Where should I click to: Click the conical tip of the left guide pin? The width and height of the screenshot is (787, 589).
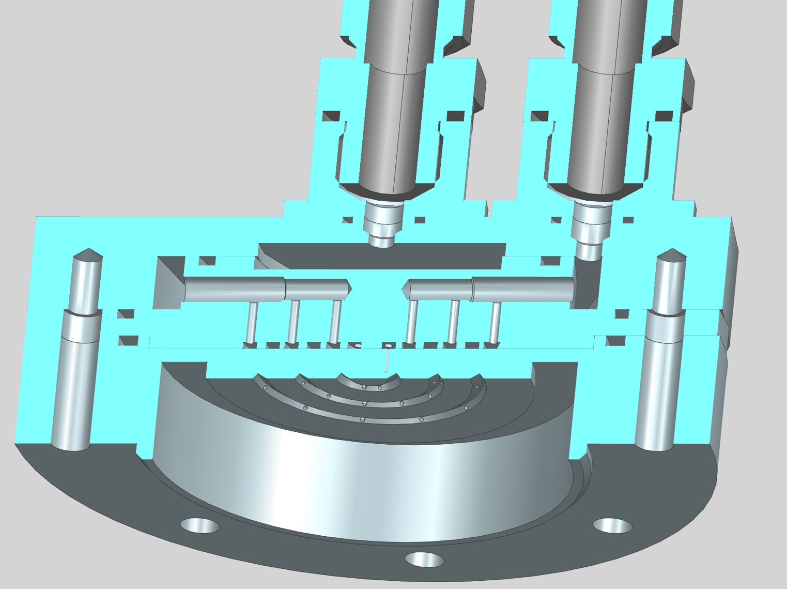87,255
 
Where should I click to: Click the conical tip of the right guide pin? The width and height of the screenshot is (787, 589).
671,255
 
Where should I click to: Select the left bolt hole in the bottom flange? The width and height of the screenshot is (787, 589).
199,526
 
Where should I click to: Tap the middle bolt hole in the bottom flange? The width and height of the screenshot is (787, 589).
424,559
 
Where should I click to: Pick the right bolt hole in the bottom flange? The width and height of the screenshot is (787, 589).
612,525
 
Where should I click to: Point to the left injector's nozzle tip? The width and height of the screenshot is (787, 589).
383,241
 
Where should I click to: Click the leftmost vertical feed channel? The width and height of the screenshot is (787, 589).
253,321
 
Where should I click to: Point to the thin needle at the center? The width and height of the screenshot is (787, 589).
387,361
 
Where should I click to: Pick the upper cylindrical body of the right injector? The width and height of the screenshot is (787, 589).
602,129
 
